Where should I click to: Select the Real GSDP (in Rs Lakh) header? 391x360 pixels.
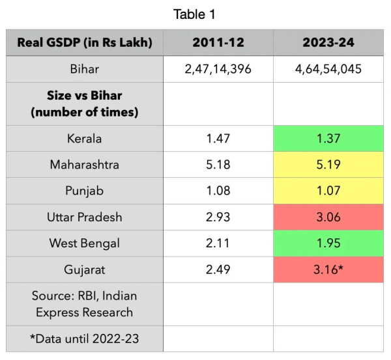pos(84,43)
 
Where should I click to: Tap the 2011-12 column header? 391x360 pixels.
pos(218,43)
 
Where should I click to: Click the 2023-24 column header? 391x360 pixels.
pos(328,43)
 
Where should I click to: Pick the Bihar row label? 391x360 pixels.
pos(84,70)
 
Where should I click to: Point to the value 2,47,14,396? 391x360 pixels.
pos(218,70)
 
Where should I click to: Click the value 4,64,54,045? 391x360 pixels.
pos(328,70)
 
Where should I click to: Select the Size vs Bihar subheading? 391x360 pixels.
pos(84,104)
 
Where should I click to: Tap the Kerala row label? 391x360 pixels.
pos(84,139)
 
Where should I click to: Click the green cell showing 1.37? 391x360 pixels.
pos(328,139)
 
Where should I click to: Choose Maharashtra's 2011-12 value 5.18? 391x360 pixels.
pos(218,165)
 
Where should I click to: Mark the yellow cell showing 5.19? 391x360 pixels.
pos(328,165)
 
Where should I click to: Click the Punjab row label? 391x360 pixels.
pos(84,191)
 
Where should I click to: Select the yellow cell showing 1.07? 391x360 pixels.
pos(328,191)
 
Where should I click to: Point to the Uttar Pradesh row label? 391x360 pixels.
pos(84,217)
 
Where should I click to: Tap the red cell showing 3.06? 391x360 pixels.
pos(328,217)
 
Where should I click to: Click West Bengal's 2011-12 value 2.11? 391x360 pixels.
pos(218,243)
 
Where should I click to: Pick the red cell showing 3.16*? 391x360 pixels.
pos(328,270)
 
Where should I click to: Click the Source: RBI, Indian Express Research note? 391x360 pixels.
pos(84,304)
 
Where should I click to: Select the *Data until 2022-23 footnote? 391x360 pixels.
pos(84,339)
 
